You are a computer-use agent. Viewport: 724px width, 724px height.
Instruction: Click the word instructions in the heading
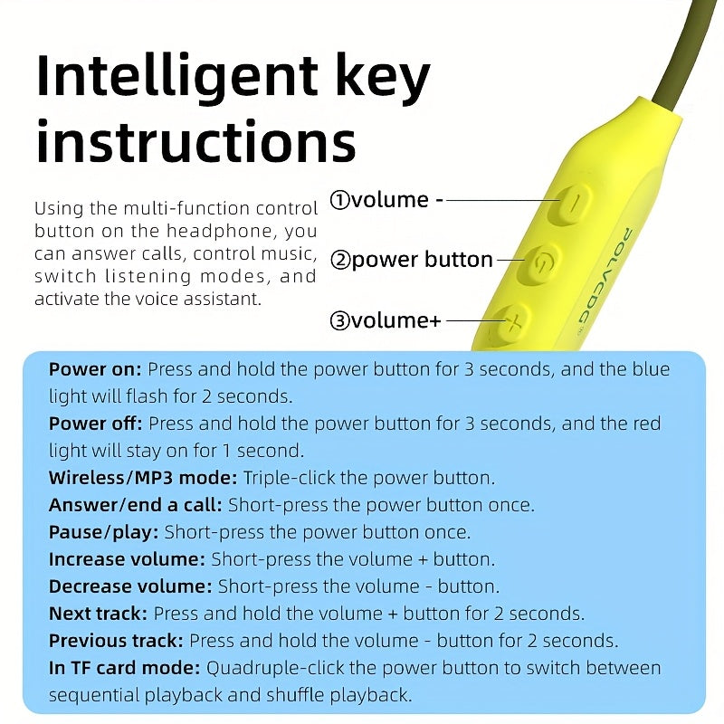195,140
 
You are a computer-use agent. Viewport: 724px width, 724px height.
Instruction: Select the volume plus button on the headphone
510,323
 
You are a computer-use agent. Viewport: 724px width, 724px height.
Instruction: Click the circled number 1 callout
340,200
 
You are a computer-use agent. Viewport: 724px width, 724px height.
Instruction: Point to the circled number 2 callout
340,261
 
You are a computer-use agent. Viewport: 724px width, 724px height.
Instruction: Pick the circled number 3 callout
340,320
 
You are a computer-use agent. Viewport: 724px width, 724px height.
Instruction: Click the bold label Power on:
95,369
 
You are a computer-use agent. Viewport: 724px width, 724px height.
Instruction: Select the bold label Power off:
96,424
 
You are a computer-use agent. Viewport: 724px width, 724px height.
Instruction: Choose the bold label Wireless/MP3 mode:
143,478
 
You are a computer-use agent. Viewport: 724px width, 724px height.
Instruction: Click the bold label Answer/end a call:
136,505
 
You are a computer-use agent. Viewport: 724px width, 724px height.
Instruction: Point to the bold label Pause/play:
104,532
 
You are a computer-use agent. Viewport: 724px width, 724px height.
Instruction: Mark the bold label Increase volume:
127,559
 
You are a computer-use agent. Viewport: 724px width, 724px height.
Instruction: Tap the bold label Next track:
98,614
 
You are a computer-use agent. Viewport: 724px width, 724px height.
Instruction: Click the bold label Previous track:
116,641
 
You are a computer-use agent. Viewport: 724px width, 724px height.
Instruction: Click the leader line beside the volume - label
503,200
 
